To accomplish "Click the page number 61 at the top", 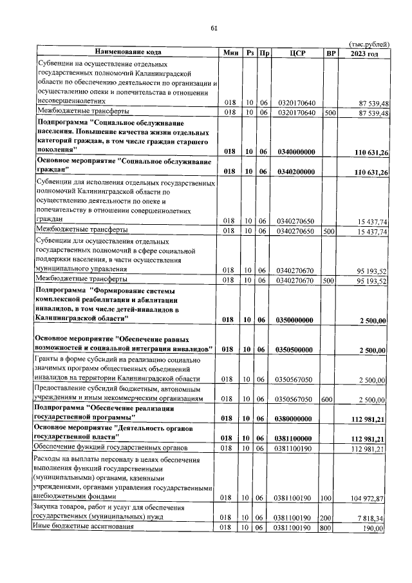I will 214,28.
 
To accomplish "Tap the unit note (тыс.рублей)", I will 368,44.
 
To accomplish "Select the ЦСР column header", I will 297,53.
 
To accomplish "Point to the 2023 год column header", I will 364,53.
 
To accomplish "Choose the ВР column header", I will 331,53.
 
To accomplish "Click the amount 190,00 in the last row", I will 373,528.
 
